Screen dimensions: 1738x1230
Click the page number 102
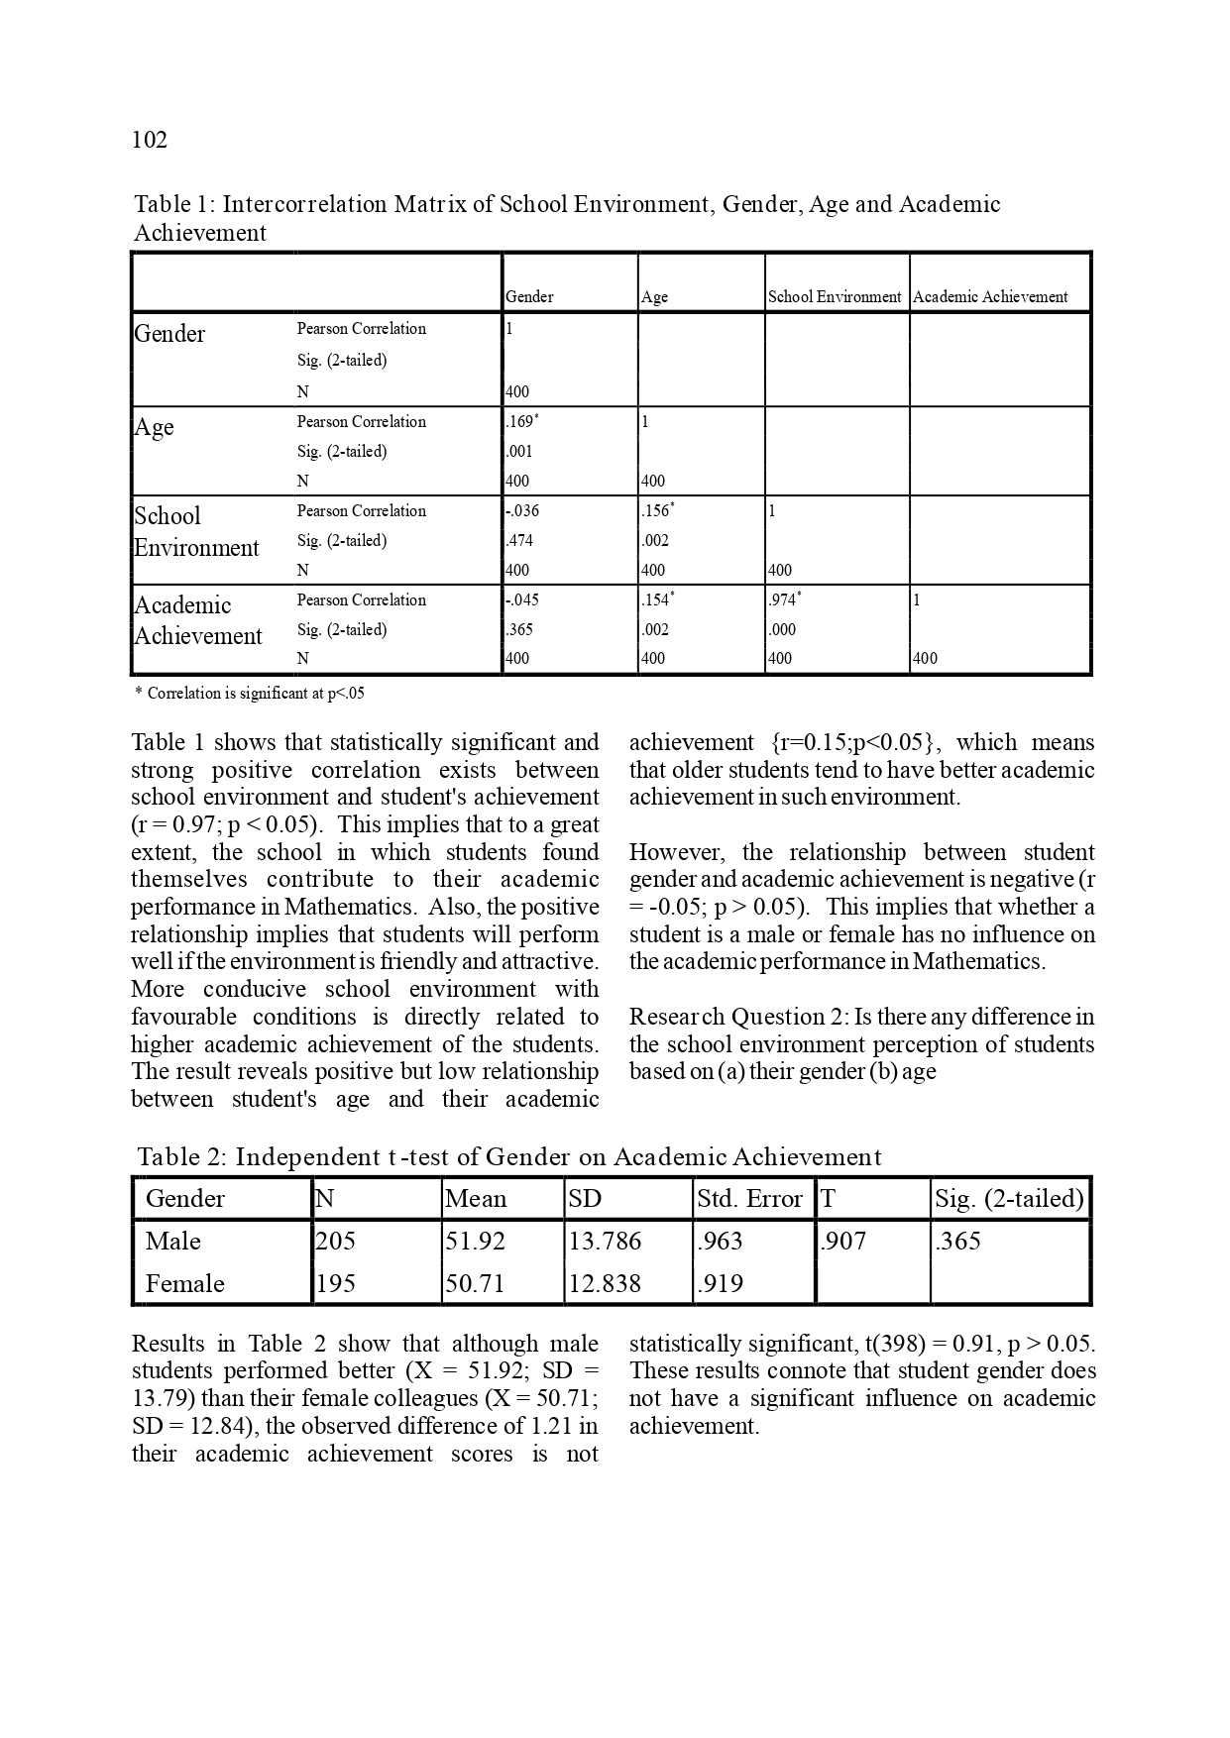point(150,140)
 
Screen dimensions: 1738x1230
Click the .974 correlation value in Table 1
point(783,600)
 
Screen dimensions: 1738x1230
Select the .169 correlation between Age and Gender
point(521,422)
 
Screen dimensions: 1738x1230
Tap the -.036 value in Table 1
point(522,511)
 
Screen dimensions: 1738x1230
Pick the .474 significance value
point(519,541)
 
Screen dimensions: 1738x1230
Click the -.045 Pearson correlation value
point(522,600)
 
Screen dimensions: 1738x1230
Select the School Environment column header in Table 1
point(835,296)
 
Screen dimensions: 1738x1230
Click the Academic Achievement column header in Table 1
point(990,296)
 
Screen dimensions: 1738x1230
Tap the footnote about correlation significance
point(249,694)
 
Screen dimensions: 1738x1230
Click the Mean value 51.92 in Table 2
point(476,1241)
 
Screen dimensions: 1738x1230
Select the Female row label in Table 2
point(185,1283)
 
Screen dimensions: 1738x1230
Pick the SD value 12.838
point(605,1283)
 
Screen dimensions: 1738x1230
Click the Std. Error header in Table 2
point(749,1198)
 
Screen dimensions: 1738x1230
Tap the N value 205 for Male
point(335,1241)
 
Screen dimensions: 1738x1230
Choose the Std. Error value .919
point(720,1283)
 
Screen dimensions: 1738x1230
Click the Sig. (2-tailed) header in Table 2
point(1009,1198)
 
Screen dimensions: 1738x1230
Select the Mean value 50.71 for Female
point(476,1283)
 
